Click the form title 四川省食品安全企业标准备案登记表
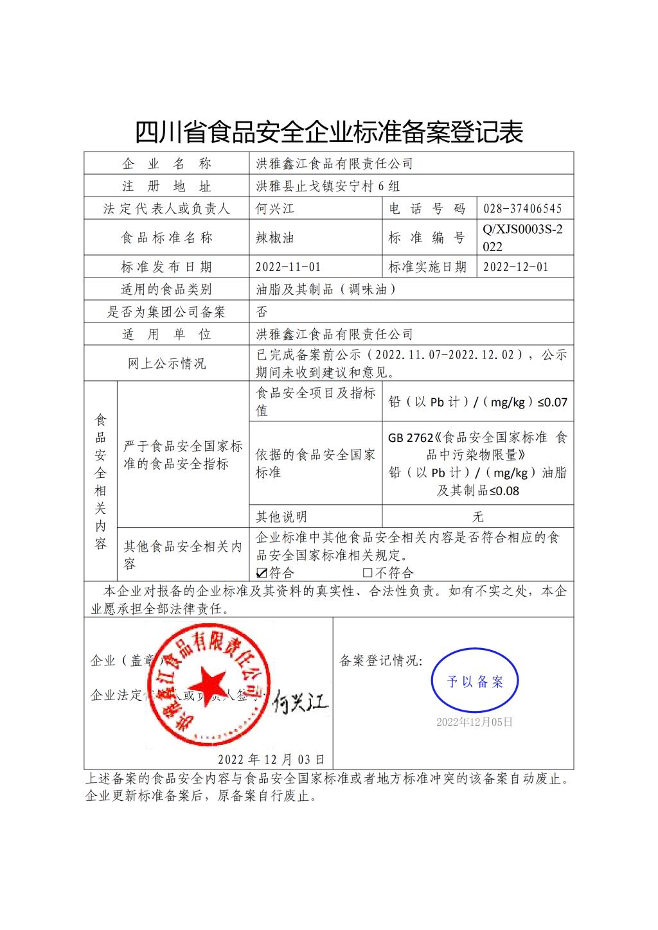coord(329,132)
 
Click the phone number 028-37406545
coord(522,209)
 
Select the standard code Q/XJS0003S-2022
coord(522,238)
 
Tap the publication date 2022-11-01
coord(288,267)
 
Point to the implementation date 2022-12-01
coord(515,267)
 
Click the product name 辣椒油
coord(275,238)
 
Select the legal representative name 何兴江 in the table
coord(275,209)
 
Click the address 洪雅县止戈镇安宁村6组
coord(328,186)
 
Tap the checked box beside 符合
coord(262,572)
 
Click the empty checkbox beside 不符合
coord(368,572)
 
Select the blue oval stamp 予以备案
coord(475,681)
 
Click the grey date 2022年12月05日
coord(474,722)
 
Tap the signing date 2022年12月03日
coord(271,759)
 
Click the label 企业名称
coord(166,164)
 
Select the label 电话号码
coord(427,209)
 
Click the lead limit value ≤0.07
coord(552,402)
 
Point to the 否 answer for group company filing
coord(262,312)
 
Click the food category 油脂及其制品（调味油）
coord(326,290)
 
